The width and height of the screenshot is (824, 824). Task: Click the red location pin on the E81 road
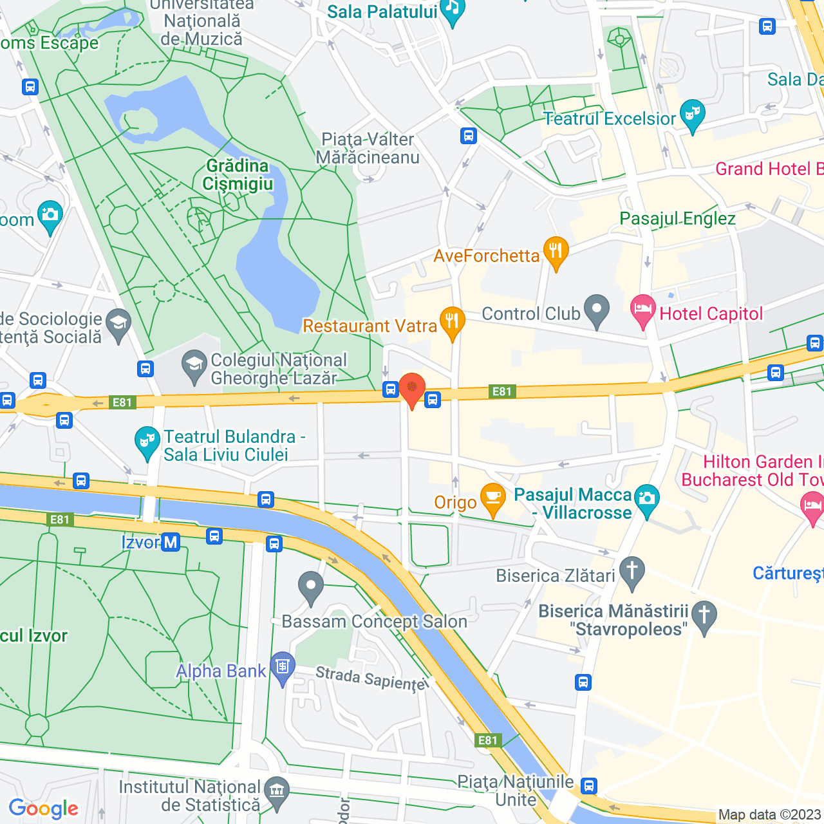pos(412,389)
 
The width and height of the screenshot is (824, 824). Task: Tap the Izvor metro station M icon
pos(171,542)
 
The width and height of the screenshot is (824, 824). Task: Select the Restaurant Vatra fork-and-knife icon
pos(453,322)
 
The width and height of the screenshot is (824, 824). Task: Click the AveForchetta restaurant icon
pos(556,252)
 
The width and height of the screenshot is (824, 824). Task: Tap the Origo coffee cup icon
pos(493,498)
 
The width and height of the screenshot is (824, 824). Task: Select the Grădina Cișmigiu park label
pos(238,175)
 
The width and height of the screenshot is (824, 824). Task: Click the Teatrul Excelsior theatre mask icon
pos(693,115)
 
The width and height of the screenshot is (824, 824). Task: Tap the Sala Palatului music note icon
pos(453,10)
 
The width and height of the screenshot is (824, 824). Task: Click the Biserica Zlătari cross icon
pos(632,572)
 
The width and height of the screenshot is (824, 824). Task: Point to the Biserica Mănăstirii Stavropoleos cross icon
pos(704,616)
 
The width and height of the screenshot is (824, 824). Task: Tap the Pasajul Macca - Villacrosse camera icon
pos(647,500)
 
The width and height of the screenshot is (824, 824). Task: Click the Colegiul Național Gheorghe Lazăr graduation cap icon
pos(194,366)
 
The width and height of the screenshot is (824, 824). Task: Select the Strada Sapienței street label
pos(371,679)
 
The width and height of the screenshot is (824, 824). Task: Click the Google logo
pos(43,809)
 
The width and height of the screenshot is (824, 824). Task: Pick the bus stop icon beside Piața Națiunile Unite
pos(589,786)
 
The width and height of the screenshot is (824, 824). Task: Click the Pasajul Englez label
pos(677,219)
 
